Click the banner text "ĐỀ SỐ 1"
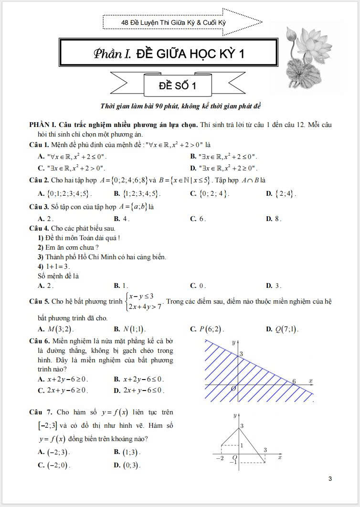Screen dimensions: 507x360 point(177,85)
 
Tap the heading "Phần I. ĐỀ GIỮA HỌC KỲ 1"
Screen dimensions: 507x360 point(169,53)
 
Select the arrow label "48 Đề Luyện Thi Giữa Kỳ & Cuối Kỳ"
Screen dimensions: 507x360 point(174,22)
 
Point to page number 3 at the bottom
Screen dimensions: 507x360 point(330,479)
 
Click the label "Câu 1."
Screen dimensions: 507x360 point(39,144)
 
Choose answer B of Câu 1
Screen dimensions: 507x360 point(223,156)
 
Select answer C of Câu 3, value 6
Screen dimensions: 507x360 point(198,219)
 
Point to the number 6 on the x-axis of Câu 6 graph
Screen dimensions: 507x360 point(294,381)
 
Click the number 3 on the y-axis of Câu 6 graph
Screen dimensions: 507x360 point(241,353)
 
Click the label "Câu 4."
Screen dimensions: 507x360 point(39,228)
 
